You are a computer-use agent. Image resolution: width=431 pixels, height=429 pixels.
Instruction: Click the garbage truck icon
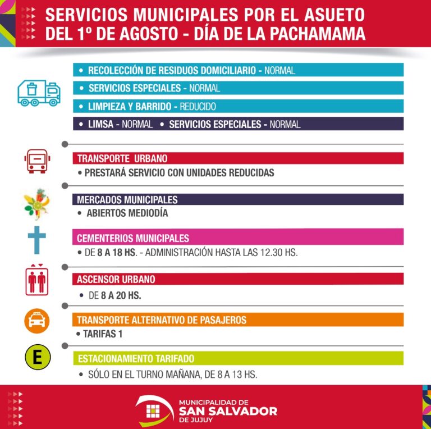coord(38,93)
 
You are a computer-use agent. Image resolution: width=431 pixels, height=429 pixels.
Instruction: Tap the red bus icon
coord(36,161)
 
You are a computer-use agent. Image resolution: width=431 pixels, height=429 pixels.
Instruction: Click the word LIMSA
coord(101,124)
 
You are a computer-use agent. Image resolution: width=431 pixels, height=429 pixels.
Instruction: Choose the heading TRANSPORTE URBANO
coord(122,159)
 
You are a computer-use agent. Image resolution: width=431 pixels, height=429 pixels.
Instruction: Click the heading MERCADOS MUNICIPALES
coord(127,200)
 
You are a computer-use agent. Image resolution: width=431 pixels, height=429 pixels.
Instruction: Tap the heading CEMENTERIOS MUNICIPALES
coord(133,238)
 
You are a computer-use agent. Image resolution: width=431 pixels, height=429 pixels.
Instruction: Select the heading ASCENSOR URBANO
coord(116,279)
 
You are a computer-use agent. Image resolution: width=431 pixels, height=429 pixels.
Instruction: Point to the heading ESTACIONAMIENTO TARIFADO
coord(136,358)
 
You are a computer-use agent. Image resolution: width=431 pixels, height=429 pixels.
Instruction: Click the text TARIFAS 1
coord(102,335)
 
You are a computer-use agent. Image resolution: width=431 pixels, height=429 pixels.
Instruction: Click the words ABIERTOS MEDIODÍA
coord(127,213)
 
